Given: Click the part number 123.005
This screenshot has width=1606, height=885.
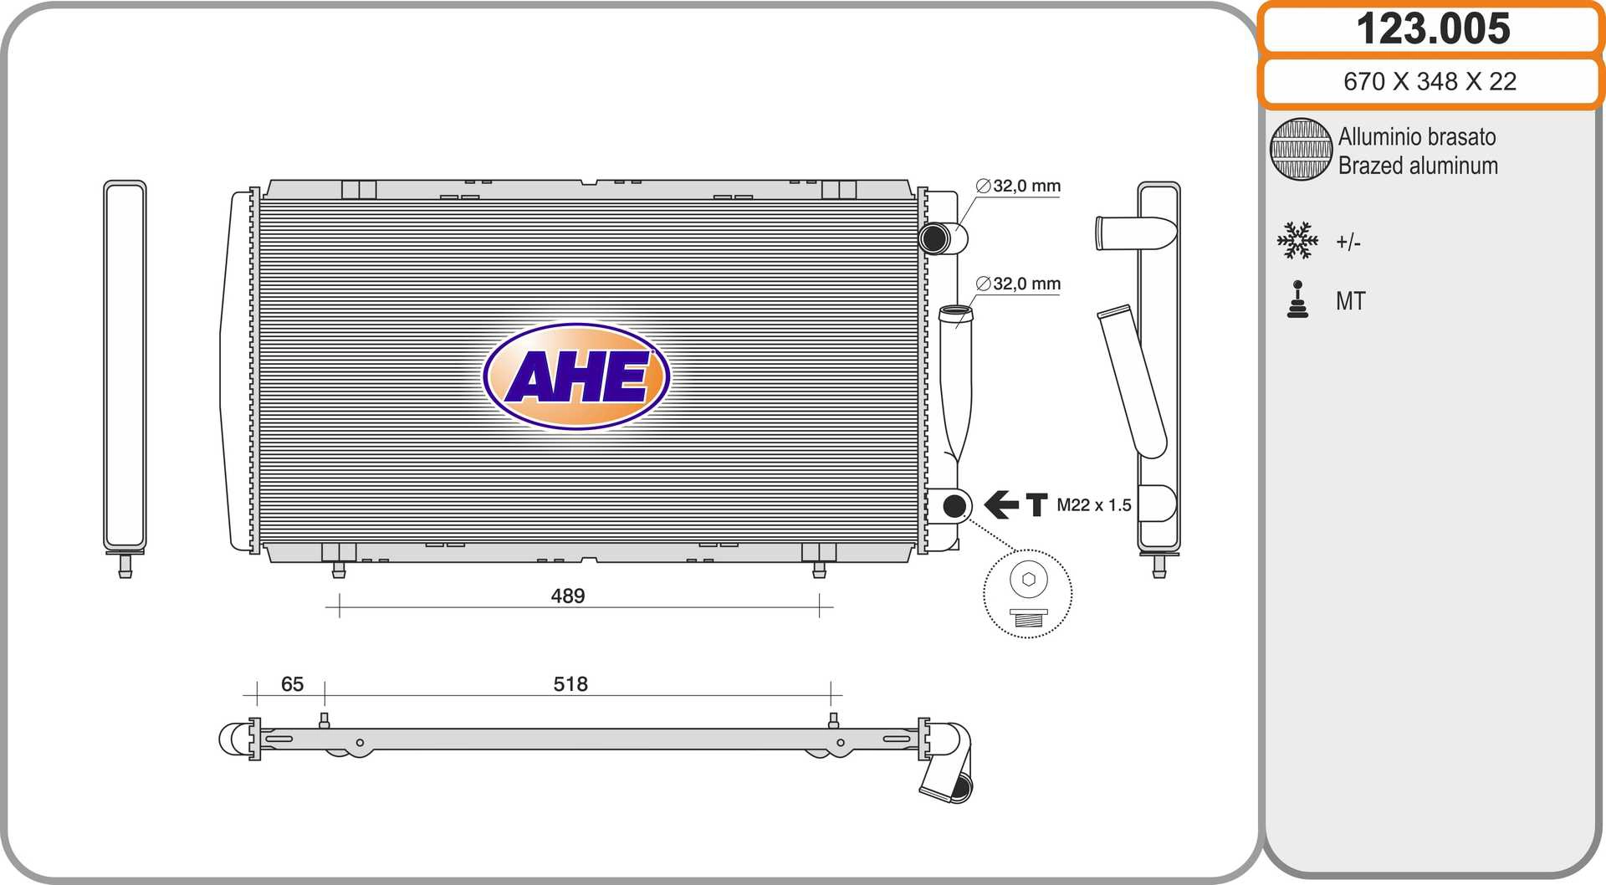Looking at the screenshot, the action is tap(1433, 28).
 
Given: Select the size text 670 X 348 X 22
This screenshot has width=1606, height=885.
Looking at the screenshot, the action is tap(1430, 81).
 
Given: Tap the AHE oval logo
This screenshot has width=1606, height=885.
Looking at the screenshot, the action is tap(576, 376).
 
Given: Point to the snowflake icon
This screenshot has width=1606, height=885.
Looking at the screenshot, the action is tap(1297, 240).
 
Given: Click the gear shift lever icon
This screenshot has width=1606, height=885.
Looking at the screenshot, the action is tap(1297, 299).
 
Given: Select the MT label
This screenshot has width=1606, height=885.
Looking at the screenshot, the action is tap(1350, 301).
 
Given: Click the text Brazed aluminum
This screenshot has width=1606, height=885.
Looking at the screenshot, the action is tap(1418, 166).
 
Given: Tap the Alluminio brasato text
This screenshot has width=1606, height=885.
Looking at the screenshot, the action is tap(1417, 136).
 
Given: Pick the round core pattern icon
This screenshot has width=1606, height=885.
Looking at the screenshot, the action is tap(1301, 149).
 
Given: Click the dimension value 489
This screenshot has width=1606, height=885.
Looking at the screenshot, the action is tap(568, 596).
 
